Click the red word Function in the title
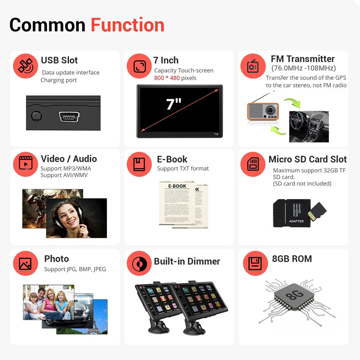(x=127, y=25)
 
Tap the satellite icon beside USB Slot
(x=26, y=66)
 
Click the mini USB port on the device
(x=70, y=117)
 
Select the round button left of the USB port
(x=36, y=116)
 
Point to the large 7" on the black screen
(x=174, y=104)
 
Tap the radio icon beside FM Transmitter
(x=253, y=66)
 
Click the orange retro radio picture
(x=263, y=111)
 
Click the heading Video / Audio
(x=69, y=159)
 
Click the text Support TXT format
(x=183, y=169)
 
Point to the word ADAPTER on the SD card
(x=296, y=221)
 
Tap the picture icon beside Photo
(x=26, y=264)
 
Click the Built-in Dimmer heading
(x=187, y=261)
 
